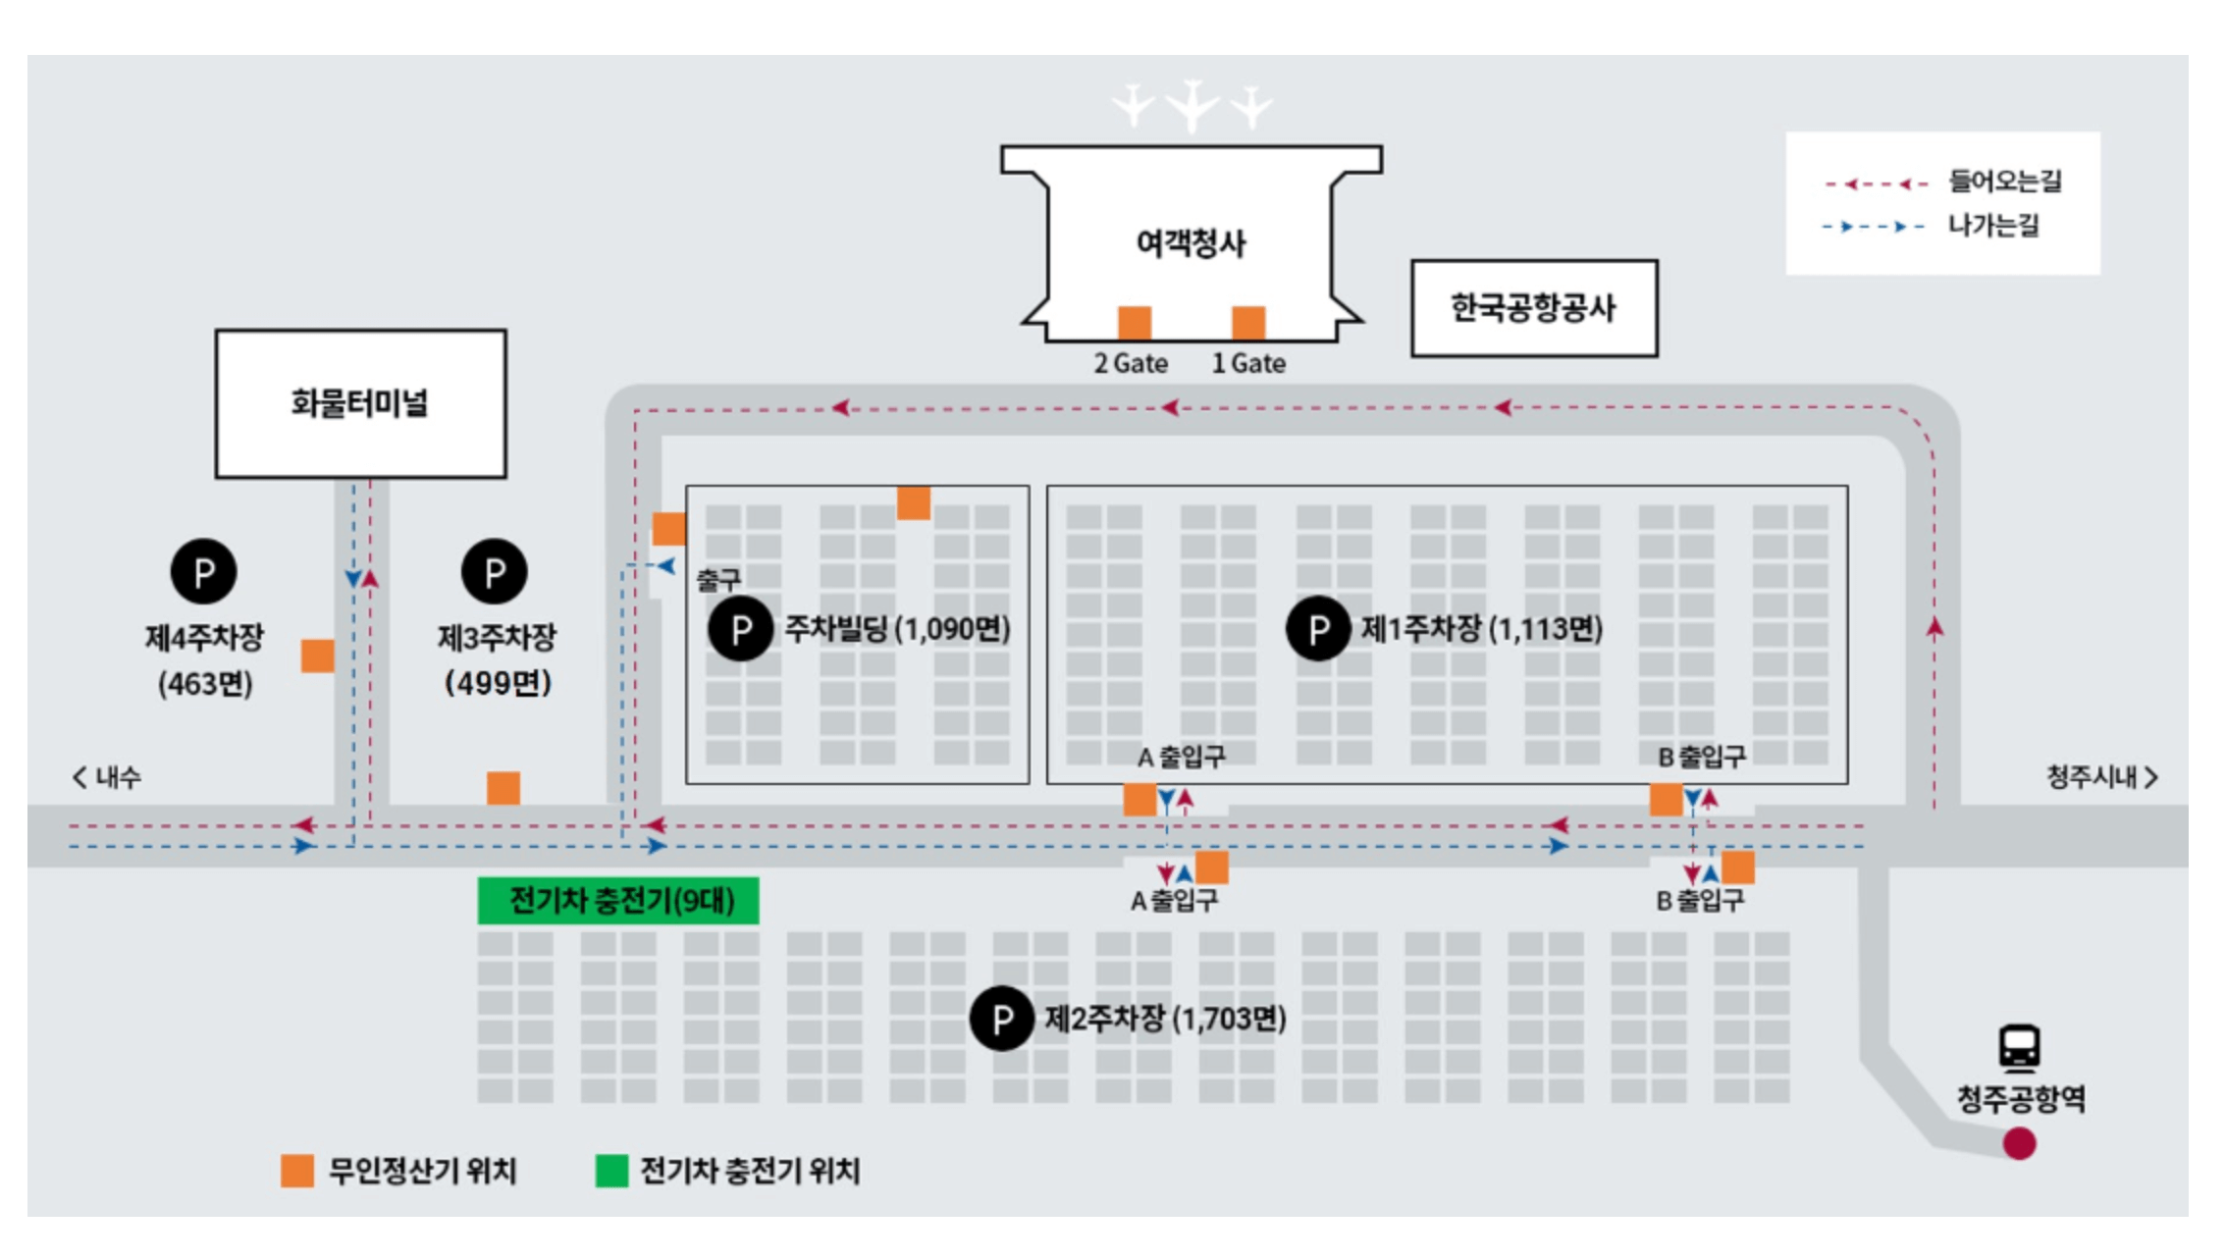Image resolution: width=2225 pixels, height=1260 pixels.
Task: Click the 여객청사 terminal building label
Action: [x=1191, y=242]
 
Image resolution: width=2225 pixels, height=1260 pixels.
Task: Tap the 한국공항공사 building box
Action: [x=1533, y=308]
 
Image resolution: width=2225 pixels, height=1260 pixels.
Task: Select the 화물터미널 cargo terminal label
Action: [x=359, y=402]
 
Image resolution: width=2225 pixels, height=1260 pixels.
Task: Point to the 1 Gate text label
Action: [x=1248, y=364]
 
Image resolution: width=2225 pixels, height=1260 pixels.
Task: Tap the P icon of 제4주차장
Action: [x=204, y=571]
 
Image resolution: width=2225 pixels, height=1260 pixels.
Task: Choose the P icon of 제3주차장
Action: [x=495, y=571]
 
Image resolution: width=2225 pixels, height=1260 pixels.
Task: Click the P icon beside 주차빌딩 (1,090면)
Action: [x=741, y=628]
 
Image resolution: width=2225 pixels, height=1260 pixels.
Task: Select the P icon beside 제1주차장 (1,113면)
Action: [x=1318, y=628]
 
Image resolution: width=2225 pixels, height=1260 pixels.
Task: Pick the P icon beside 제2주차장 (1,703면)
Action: [x=1001, y=1019]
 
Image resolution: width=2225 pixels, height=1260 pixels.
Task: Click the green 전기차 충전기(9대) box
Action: [x=618, y=901]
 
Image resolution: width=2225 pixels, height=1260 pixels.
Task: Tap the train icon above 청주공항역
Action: [x=2020, y=1047]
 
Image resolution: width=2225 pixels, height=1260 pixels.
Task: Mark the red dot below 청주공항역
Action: [x=2019, y=1143]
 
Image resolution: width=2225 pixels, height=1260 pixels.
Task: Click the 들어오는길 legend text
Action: [x=2004, y=182]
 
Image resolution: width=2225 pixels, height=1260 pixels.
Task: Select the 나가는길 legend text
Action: [x=1992, y=226]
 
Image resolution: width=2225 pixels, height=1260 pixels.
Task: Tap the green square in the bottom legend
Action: [x=611, y=1171]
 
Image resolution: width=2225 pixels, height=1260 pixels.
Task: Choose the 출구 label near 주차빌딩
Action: [x=718, y=580]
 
